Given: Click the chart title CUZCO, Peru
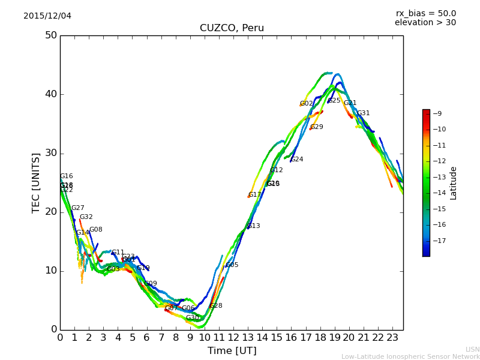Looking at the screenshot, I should click(x=232, y=28).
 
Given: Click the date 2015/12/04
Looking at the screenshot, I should click(x=47, y=16).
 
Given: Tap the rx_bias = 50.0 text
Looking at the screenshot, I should click(x=425, y=13).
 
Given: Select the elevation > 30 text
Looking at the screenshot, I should click(x=425, y=23).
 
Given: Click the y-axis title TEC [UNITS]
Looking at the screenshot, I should click(x=36, y=182).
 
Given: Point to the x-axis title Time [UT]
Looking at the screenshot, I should click(x=232, y=350).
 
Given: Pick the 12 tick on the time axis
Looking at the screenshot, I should click(x=233, y=337).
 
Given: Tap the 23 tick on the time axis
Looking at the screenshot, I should click(x=392, y=337).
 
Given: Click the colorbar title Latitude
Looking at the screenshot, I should click(x=454, y=183).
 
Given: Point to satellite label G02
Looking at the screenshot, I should click(x=307, y=104).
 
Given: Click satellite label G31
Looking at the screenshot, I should click(x=364, y=113).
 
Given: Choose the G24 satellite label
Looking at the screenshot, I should click(x=297, y=160).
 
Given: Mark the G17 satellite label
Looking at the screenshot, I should click(x=255, y=195).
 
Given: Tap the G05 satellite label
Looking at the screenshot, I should click(x=232, y=265).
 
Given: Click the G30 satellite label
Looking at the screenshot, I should click(x=193, y=318).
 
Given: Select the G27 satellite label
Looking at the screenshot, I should click(x=78, y=208).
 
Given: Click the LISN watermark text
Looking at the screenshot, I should click(x=473, y=349).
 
